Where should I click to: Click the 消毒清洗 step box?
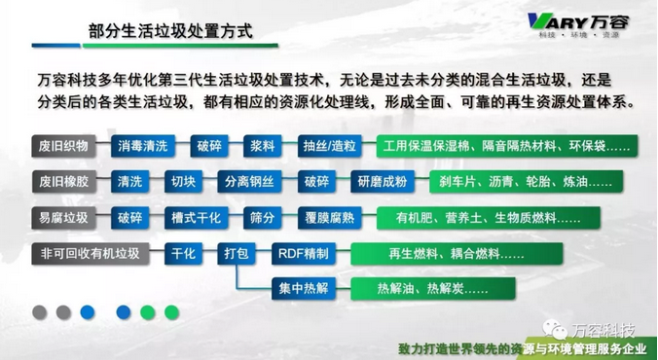pyautogui.click(x=144, y=147)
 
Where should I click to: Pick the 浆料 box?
pyautogui.click(x=264, y=147)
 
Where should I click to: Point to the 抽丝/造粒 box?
pyautogui.click(x=329, y=147)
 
